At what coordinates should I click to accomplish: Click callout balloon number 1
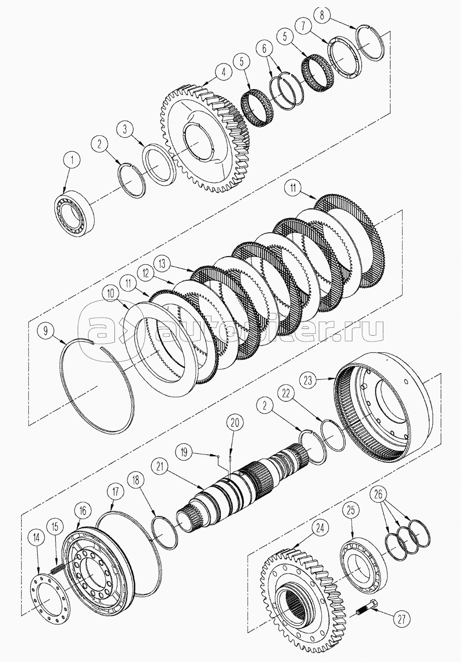pos(72,159)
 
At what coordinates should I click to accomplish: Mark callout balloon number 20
pos(236,422)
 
